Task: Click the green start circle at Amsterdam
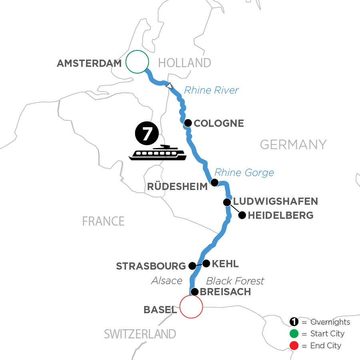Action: (x=137, y=62)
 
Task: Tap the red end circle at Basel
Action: (x=191, y=306)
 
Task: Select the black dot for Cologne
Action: (x=187, y=123)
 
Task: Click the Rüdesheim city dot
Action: (x=214, y=183)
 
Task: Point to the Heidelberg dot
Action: (x=242, y=216)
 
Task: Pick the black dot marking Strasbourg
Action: (x=192, y=266)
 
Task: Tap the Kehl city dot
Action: (x=206, y=263)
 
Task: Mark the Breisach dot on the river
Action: (x=194, y=292)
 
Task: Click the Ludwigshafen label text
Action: (x=276, y=201)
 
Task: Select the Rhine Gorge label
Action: (x=244, y=173)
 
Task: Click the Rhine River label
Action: (x=211, y=90)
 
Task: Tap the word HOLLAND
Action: (x=184, y=63)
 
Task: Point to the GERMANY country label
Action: (x=293, y=144)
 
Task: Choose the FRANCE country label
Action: (x=103, y=221)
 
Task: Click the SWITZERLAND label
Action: (x=140, y=334)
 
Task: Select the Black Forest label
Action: (x=235, y=281)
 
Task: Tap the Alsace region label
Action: (x=167, y=281)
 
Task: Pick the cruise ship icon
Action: (x=158, y=153)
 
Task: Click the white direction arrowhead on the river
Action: (x=170, y=85)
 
